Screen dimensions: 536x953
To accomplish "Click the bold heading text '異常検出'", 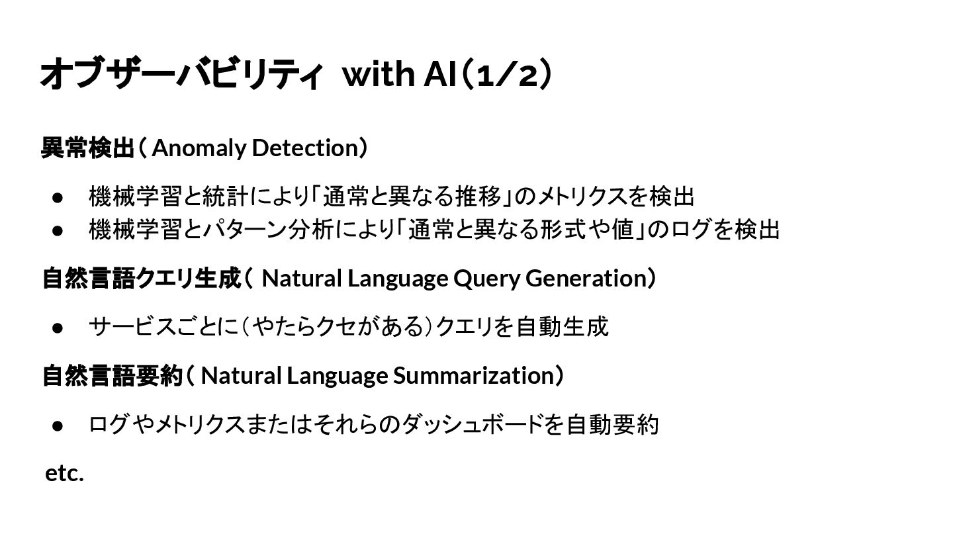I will tap(87, 148).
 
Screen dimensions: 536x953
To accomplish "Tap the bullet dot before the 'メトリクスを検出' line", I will tap(58, 197).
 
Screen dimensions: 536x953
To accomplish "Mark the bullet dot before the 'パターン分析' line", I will tap(58, 230).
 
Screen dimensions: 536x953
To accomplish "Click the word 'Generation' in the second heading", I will tap(586, 279).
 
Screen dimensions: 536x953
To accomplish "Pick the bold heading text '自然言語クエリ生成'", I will tap(140, 279).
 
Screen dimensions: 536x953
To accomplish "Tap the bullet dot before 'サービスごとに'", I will tap(58, 327).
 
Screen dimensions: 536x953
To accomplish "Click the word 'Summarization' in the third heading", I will tap(473, 375).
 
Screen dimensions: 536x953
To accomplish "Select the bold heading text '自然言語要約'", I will tap(112, 375).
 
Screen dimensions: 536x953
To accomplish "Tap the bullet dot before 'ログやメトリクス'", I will tap(58, 425).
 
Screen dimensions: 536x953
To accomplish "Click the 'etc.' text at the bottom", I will tap(64, 473).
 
